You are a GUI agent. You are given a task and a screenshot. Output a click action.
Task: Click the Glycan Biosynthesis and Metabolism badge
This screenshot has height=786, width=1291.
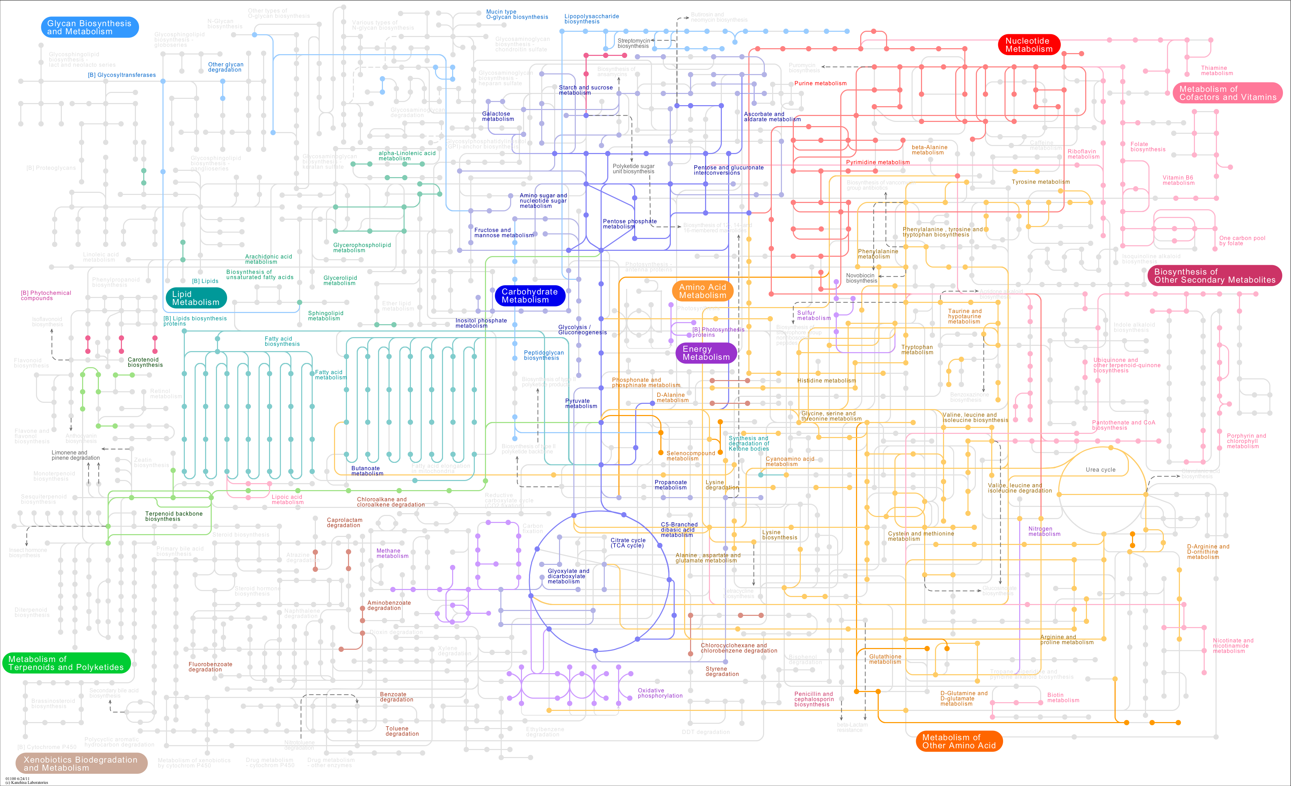tap(89, 27)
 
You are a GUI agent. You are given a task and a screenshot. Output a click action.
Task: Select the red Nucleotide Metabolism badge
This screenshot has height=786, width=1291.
tap(1029, 45)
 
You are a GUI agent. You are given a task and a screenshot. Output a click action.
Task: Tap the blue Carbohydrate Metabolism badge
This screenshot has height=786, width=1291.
tap(530, 296)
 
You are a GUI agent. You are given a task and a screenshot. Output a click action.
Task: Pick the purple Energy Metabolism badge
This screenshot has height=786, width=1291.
tap(706, 353)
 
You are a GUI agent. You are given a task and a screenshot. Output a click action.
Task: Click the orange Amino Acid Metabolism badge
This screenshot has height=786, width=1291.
tap(703, 291)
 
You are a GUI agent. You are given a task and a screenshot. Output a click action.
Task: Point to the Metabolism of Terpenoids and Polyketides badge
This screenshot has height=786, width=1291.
tap(66, 663)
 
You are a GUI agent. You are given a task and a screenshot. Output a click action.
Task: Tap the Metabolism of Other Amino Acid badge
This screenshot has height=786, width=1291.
tap(959, 741)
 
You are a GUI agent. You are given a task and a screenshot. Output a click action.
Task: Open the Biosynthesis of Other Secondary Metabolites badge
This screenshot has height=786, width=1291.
tap(1214, 276)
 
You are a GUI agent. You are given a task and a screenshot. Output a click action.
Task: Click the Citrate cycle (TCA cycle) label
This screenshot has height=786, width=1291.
tap(628, 543)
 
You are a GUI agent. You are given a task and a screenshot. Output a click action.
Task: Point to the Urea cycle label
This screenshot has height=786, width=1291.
tap(1100, 470)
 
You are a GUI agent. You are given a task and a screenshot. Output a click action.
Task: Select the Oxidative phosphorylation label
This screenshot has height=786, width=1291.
tap(660, 693)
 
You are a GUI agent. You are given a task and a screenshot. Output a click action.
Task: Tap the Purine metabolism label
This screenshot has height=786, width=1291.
tap(820, 83)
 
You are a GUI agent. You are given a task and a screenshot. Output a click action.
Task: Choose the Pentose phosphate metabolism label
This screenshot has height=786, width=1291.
tap(629, 224)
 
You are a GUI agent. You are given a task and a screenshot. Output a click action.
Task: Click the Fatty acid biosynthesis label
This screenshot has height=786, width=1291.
tap(282, 341)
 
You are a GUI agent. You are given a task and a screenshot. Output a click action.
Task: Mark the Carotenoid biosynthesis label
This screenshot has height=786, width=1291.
tap(145, 362)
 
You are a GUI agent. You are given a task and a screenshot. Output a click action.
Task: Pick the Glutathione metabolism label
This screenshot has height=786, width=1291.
tap(885, 659)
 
